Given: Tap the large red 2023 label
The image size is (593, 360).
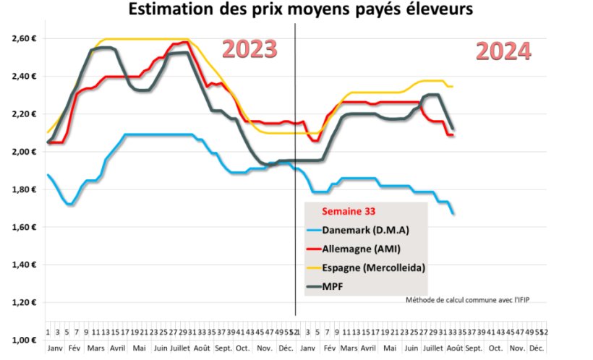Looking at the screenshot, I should tap(249, 49).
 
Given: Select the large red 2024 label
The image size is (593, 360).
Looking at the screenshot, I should tap(503, 51).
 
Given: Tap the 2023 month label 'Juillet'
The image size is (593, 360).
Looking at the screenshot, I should tap(181, 348).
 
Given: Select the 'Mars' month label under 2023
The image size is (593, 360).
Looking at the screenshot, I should tap(95, 348).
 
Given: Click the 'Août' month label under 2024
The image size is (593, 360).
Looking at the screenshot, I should tap(453, 348).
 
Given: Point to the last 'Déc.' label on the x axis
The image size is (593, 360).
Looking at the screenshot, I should tap(537, 348).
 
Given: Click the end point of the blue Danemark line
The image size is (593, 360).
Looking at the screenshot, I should tap(454, 214).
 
